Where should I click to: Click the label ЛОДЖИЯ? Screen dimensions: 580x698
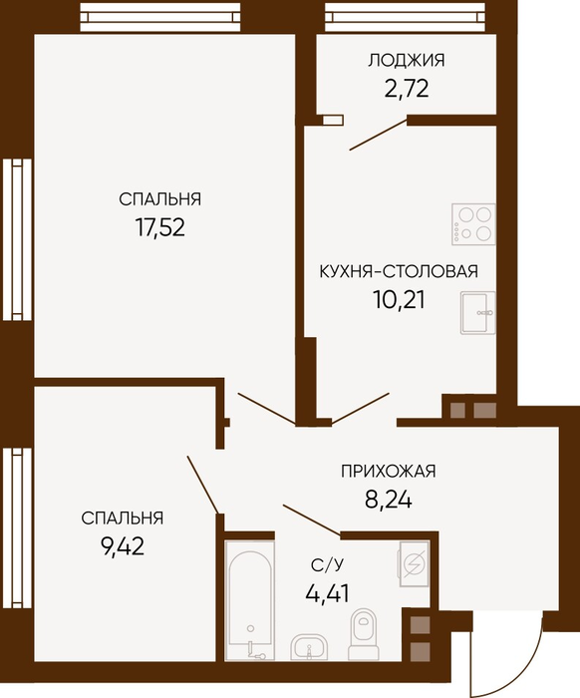(x=406, y=60)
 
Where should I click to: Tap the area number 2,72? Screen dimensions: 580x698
(x=406, y=88)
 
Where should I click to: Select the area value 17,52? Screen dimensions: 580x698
(x=160, y=227)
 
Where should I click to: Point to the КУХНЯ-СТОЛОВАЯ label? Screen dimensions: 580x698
(x=399, y=271)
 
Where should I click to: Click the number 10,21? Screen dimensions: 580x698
(x=399, y=299)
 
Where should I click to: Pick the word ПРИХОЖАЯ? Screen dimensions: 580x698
(x=389, y=471)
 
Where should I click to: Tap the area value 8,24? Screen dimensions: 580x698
(x=389, y=500)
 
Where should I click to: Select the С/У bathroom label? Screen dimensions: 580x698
(x=327, y=565)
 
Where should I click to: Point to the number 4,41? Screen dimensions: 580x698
(x=327, y=593)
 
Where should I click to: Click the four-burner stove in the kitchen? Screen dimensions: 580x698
(x=473, y=224)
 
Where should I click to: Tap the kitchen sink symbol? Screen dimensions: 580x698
(x=477, y=312)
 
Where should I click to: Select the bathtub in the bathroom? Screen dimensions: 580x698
(x=249, y=601)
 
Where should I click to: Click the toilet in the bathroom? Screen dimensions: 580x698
(x=364, y=634)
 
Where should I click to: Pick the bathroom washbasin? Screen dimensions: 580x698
(x=309, y=648)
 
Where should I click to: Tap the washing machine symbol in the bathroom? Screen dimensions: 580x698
(x=415, y=564)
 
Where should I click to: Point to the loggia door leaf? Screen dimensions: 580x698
(x=379, y=134)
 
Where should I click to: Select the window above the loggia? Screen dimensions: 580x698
(x=405, y=17)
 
